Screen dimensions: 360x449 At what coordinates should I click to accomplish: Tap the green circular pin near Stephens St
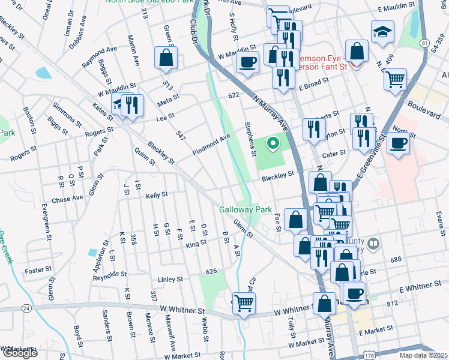click(x=273, y=143)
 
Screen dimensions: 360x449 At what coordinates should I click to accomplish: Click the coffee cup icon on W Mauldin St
click(x=247, y=61)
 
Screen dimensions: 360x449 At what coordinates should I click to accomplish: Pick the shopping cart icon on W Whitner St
click(x=244, y=303)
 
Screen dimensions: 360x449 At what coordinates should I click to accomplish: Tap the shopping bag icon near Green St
click(x=166, y=58)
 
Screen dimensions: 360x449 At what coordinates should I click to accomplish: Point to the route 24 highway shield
click(x=26, y=308)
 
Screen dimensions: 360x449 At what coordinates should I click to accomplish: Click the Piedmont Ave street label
click(x=211, y=145)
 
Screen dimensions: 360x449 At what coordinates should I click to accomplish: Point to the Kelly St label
click(x=156, y=195)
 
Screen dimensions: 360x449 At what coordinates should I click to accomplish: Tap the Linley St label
click(x=170, y=279)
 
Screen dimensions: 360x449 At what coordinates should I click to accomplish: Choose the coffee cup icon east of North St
click(x=397, y=143)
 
